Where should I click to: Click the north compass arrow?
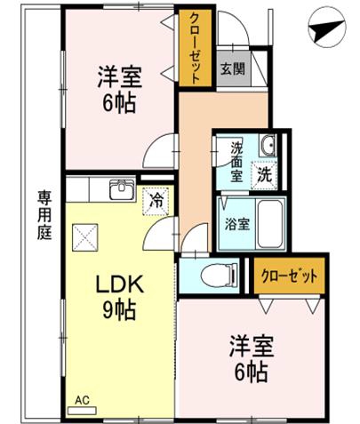pos(326,29)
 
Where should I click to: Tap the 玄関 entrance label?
pos(233,69)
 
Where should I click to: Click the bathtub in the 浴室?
pos(269,224)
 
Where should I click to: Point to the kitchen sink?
pos(122,190)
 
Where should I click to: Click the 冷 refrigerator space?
pos(156,202)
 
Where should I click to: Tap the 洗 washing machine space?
pos(264,175)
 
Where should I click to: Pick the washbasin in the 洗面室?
pos(268,145)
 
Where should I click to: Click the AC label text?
pos(82,401)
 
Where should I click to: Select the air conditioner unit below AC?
pos(82,411)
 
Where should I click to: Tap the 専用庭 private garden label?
pos(44,215)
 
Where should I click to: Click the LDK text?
pos(119,284)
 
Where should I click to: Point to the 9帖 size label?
pos(119,310)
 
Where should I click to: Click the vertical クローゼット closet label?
pos(195,48)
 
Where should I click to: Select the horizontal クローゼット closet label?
pos(289,276)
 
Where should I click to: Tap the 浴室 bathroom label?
pos(237,224)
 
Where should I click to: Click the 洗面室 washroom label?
pos(237,162)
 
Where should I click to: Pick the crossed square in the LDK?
pos(85,237)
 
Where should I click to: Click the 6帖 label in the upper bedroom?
pos(119,103)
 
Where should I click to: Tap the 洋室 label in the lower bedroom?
pos(252,346)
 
